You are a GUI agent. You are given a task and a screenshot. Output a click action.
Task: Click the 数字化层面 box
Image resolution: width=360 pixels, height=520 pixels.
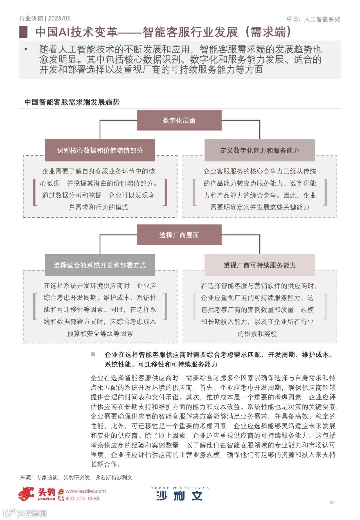pos(179,120)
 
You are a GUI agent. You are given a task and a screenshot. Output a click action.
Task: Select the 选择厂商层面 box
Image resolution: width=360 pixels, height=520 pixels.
pos(179,235)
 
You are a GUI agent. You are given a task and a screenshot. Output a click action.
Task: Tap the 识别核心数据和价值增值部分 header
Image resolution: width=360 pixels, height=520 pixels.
pos(100,150)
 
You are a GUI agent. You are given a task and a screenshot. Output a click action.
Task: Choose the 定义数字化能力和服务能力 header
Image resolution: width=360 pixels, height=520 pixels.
pos(259,150)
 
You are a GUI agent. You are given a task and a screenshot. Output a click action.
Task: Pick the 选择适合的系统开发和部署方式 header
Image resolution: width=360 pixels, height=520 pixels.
pos(100,265)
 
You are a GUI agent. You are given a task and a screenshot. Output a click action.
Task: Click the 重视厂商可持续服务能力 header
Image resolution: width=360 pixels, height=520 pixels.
pos(259,265)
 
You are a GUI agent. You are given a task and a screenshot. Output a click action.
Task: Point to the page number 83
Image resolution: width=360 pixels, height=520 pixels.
pos(332,502)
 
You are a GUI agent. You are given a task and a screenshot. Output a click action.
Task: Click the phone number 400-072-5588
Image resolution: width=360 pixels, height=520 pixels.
pos(82,499)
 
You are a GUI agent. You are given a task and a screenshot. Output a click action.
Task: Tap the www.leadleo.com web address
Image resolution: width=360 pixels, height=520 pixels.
pos(86,491)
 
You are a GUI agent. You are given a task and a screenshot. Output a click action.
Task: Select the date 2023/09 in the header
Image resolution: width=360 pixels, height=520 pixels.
pos(59,19)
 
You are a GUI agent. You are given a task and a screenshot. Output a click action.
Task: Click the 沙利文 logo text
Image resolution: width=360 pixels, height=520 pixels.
pos(179,496)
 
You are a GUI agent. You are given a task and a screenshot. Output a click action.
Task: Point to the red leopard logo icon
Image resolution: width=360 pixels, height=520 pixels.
pos(26,494)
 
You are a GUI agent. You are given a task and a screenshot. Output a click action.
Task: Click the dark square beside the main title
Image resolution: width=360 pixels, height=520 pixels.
pos(23,32)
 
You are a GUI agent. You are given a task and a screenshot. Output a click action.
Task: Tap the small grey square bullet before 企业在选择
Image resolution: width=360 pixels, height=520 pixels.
pos(93,354)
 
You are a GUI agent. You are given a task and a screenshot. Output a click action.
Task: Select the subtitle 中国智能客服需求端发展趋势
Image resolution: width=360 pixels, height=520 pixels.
pos(72,102)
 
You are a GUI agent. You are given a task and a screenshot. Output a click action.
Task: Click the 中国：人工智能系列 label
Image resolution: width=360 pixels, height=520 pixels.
pos(313,19)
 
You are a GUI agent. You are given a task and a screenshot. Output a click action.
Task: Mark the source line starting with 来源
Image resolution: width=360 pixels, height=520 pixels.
pos(76,477)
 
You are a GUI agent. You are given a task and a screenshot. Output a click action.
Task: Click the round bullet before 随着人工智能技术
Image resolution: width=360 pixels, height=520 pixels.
pos(26,49)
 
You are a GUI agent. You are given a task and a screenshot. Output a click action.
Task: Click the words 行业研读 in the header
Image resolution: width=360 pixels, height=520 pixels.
pos(31,19)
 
